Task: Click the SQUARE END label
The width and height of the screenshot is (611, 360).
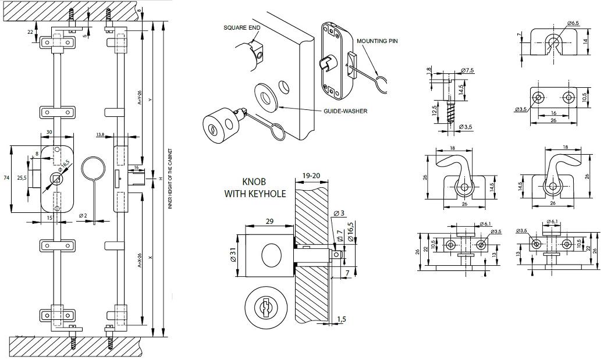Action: point(243,28)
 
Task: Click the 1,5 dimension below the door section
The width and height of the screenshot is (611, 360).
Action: point(342,320)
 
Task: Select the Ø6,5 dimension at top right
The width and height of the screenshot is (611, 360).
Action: point(573,23)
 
